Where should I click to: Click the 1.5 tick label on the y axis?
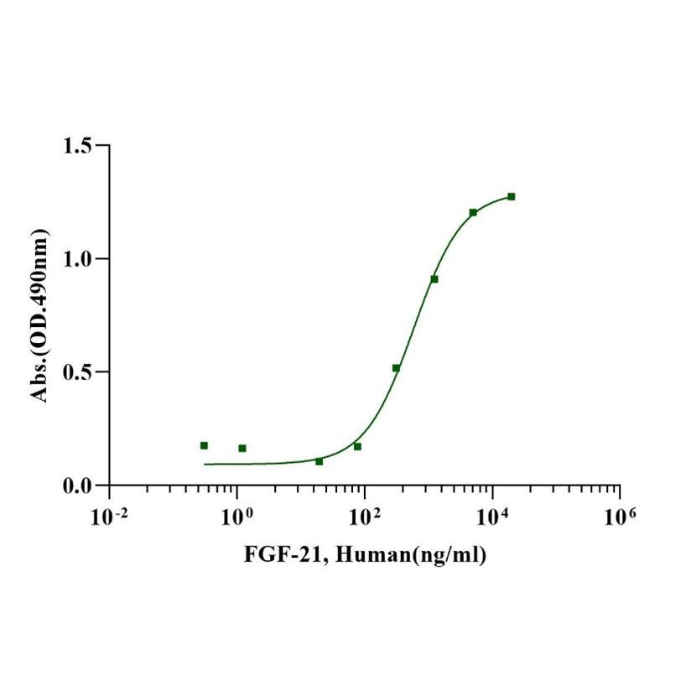pyautogui.click(x=80, y=147)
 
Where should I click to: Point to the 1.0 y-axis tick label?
pyautogui.click(x=80, y=259)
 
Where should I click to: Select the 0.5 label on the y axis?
pyautogui.click(x=80, y=372)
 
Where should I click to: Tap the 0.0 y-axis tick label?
pyautogui.click(x=80, y=486)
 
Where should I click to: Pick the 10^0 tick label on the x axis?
pyautogui.click(x=236, y=514)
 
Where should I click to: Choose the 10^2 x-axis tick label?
pyautogui.click(x=364, y=514)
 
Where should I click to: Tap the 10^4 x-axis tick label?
pyautogui.click(x=491, y=514)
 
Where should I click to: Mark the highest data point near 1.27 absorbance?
pyautogui.click(x=512, y=196)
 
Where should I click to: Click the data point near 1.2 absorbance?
pyautogui.click(x=473, y=212)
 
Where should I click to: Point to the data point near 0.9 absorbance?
pyautogui.click(x=434, y=279)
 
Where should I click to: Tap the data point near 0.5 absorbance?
pyautogui.click(x=396, y=368)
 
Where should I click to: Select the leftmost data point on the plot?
pyautogui.click(x=204, y=445)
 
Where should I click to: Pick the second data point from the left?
pyautogui.click(x=242, y=448)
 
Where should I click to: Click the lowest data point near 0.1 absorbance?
pyautogui.click(x=319, y=461)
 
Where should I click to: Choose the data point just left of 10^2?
pyautogui.click(x=357, y=446)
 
